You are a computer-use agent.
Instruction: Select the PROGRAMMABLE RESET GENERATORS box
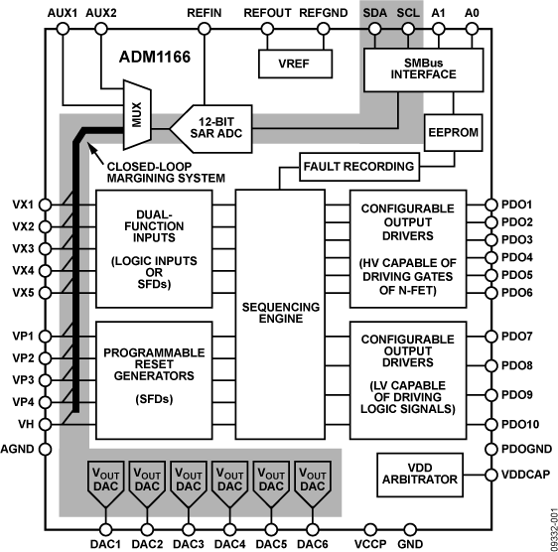154,378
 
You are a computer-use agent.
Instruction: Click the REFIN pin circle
204,30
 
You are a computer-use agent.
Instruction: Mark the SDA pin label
374,12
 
